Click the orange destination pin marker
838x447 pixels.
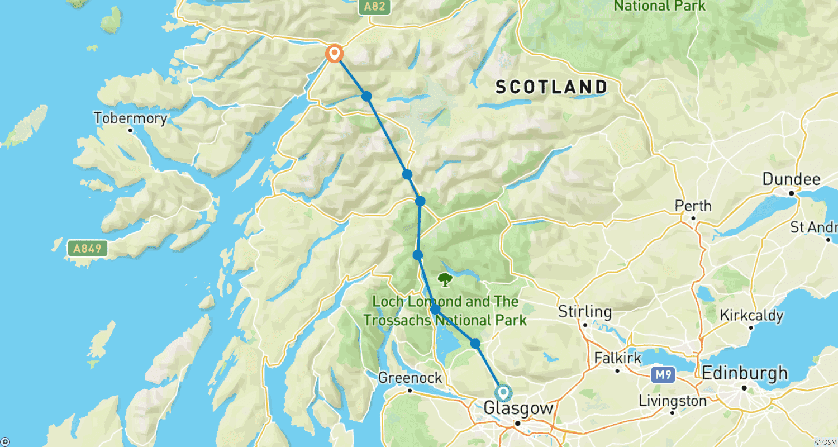[334, 54]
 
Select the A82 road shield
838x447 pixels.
[374, 7]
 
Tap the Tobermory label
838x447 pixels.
[130, 118]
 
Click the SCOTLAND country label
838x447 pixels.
[551, 87]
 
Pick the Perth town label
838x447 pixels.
[693, 206]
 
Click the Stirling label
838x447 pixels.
[585, 312]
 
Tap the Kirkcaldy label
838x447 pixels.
[751, 315]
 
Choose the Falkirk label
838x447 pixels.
[617, 358]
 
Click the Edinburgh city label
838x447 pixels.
[745, 373]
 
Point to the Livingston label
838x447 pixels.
[672, 401]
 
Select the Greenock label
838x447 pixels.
[410, 378]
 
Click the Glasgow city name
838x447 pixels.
[518, 408]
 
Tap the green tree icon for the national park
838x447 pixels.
[445, 279]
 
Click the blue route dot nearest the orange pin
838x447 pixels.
[366, 96]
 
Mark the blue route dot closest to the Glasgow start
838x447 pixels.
[475, 343]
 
